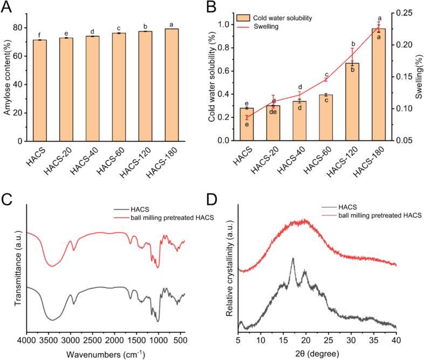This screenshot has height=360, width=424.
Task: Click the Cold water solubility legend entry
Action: pyautogui.click(x=284, y=17)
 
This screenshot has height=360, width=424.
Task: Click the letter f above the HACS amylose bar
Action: pyautogui.click(x=39, y=36)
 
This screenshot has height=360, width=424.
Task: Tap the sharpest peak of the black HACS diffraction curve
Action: pyautogui.click(x=293, y=259)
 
